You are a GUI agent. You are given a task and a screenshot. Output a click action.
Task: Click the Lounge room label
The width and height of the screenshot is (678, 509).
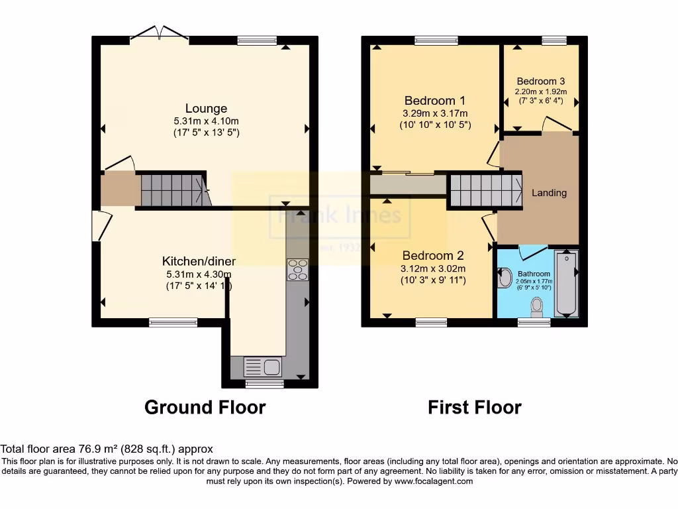(206, 109)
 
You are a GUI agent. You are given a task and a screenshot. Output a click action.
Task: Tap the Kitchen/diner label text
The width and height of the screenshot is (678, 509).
(199, 261)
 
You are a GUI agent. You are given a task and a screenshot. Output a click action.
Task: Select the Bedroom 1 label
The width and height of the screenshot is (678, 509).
(434, 101)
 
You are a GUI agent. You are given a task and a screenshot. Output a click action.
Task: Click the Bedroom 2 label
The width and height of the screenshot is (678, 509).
(433, 256)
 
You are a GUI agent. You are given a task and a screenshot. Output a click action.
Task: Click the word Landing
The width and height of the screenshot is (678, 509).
(549, 193)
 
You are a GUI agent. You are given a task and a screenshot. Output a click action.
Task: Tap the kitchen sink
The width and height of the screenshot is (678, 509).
(263, 366)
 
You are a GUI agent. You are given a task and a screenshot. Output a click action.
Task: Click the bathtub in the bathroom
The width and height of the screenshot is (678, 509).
(566, 282)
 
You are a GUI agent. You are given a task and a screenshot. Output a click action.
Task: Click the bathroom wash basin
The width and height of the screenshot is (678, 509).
(505, 278)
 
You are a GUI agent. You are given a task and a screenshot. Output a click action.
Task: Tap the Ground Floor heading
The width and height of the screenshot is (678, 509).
(205, 407)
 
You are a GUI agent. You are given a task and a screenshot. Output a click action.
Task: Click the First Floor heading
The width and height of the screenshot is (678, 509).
(474, 407)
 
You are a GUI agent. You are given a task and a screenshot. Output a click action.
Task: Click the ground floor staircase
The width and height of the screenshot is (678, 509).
(173, 190)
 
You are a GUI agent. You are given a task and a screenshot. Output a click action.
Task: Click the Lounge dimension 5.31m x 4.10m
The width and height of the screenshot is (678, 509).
(206, 121)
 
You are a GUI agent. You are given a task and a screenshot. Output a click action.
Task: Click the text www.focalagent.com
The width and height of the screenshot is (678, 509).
(434, 481)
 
